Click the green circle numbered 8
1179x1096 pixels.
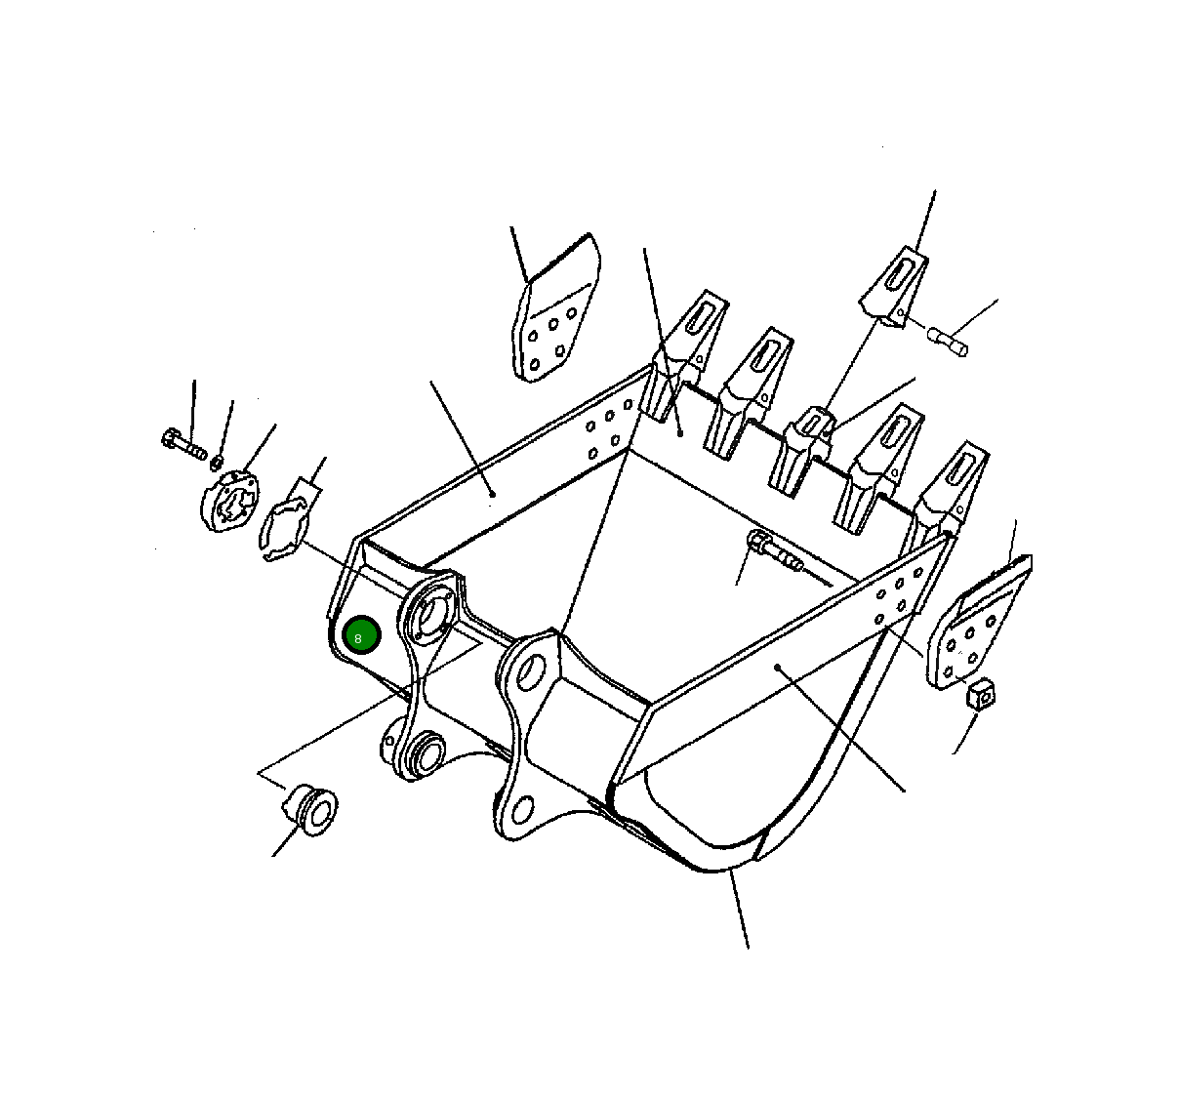tap(361, 635)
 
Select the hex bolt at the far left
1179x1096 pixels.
tap(183, 445)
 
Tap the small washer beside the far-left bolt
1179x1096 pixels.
tap(218, 462)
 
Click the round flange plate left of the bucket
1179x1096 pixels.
tap(229, 501)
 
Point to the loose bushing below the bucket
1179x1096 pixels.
tap(310, 809)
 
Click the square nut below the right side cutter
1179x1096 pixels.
tap(981, 694)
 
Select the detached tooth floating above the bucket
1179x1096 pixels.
tap(893, 286)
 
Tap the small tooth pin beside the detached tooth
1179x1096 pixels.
tap(948, 343)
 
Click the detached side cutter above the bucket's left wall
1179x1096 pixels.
tap(555, 308)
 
